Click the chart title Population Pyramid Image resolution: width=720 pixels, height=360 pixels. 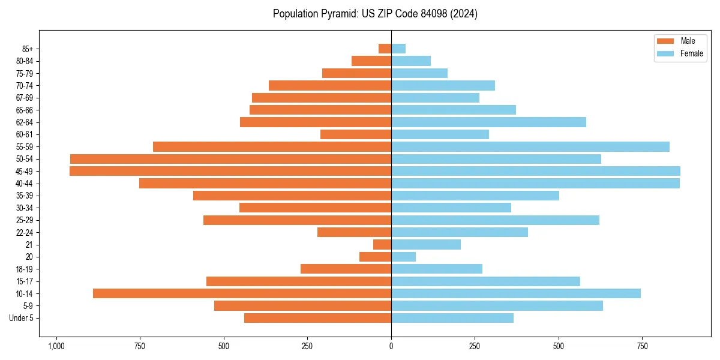click(375, 14)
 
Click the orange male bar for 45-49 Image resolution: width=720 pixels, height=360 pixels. click(230, 171)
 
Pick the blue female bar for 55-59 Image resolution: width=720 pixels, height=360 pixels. click(530, 146)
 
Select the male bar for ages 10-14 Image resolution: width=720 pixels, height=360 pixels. click(242, 293)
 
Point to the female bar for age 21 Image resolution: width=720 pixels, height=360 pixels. click(426, 244)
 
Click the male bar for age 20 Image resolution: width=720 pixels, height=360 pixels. click(375, 257)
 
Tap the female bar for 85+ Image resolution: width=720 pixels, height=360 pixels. click(398, 49)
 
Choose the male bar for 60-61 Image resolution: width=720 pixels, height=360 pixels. click(356, 134)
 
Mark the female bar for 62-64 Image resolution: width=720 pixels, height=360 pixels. click(488, 122)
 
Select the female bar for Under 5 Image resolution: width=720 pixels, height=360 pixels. click(452, 318)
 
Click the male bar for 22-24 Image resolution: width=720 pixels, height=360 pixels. click(354, 232)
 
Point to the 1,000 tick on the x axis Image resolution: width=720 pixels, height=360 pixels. click(56, 346)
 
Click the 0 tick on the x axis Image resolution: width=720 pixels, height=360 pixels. click(391, 346)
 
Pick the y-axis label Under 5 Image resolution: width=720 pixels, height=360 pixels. click(22, 318)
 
